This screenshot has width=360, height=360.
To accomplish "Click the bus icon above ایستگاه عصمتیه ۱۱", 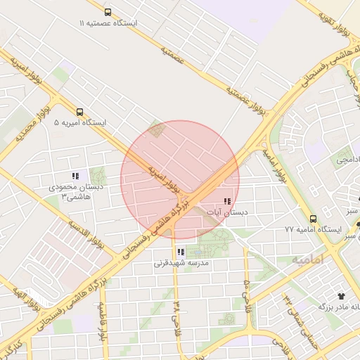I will coord(107,12).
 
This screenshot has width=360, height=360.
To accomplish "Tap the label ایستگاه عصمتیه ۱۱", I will coord(109,23).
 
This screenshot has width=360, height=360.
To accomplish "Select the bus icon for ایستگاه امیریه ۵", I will coord(79,111).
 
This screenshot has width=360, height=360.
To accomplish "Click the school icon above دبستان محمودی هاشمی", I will coord(75,176).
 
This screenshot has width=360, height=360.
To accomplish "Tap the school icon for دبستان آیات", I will coord(226,202).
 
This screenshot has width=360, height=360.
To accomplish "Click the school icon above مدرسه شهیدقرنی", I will coord(181,252).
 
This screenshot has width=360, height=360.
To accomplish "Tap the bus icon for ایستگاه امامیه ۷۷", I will coord(313,218).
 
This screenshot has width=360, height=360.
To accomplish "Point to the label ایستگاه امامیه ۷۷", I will coord(312,230).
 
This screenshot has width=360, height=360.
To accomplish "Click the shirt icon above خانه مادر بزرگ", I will coord(342,297).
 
